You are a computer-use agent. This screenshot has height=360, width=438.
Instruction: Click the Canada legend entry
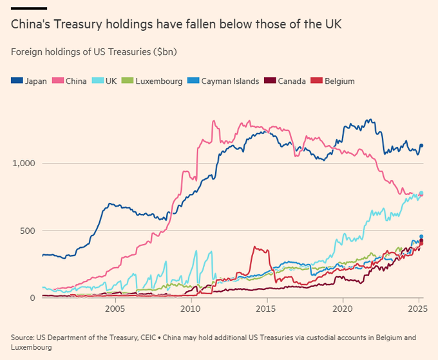pos(288,81)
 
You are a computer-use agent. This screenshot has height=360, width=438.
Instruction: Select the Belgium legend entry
pos(334,81)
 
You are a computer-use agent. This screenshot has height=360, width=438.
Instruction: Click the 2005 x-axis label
pos(115,309)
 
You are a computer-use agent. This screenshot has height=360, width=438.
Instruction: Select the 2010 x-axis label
pos(191,309)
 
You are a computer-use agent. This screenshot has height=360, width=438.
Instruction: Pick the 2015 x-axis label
pos(267,309)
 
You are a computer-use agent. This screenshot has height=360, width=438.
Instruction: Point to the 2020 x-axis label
pos(343,309)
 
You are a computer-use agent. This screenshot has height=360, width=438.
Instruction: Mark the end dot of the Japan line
pos(422,146)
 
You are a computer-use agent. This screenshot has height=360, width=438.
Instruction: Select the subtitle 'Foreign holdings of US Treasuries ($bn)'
pos(94,51)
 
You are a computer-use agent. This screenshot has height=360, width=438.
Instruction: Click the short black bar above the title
pos(29,8)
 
